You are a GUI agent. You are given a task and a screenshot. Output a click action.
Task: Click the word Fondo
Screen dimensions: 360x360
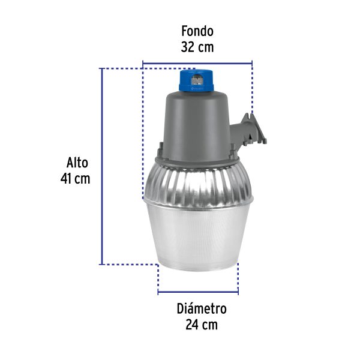click(x=197, y=31)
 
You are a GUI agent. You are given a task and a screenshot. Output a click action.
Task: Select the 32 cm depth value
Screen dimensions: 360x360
click(x=197, y=46)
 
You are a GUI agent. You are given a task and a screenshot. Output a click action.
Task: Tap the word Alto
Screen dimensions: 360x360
click(x=77, y=163)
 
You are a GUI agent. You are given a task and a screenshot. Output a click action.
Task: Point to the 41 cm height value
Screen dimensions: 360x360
click(x=76, y=179)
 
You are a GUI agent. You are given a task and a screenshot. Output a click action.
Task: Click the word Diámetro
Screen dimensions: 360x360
click(x=202, y=310)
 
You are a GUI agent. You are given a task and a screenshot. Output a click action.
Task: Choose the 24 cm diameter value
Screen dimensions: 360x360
click(x=202, y=325)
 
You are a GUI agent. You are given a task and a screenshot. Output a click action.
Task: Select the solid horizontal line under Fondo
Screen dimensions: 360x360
click(x=197, y=62)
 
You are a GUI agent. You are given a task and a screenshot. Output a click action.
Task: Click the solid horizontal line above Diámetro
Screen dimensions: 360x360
click(x=199, y=293)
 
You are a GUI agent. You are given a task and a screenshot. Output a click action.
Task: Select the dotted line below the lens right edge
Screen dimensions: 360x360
click(x=238, y=278)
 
